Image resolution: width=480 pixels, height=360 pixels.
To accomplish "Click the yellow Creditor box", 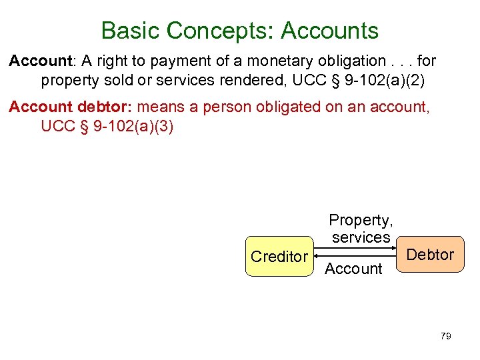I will [279, 256].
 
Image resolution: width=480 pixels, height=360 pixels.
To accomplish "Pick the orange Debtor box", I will [430, 254].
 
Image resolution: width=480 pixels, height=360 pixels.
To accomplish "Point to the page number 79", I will [446, 336].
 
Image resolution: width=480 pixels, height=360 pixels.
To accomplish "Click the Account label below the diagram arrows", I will [353, 269].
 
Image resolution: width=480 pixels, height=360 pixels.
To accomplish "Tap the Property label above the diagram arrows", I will [361, 220].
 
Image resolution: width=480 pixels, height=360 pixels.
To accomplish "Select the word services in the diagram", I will [361, 237].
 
